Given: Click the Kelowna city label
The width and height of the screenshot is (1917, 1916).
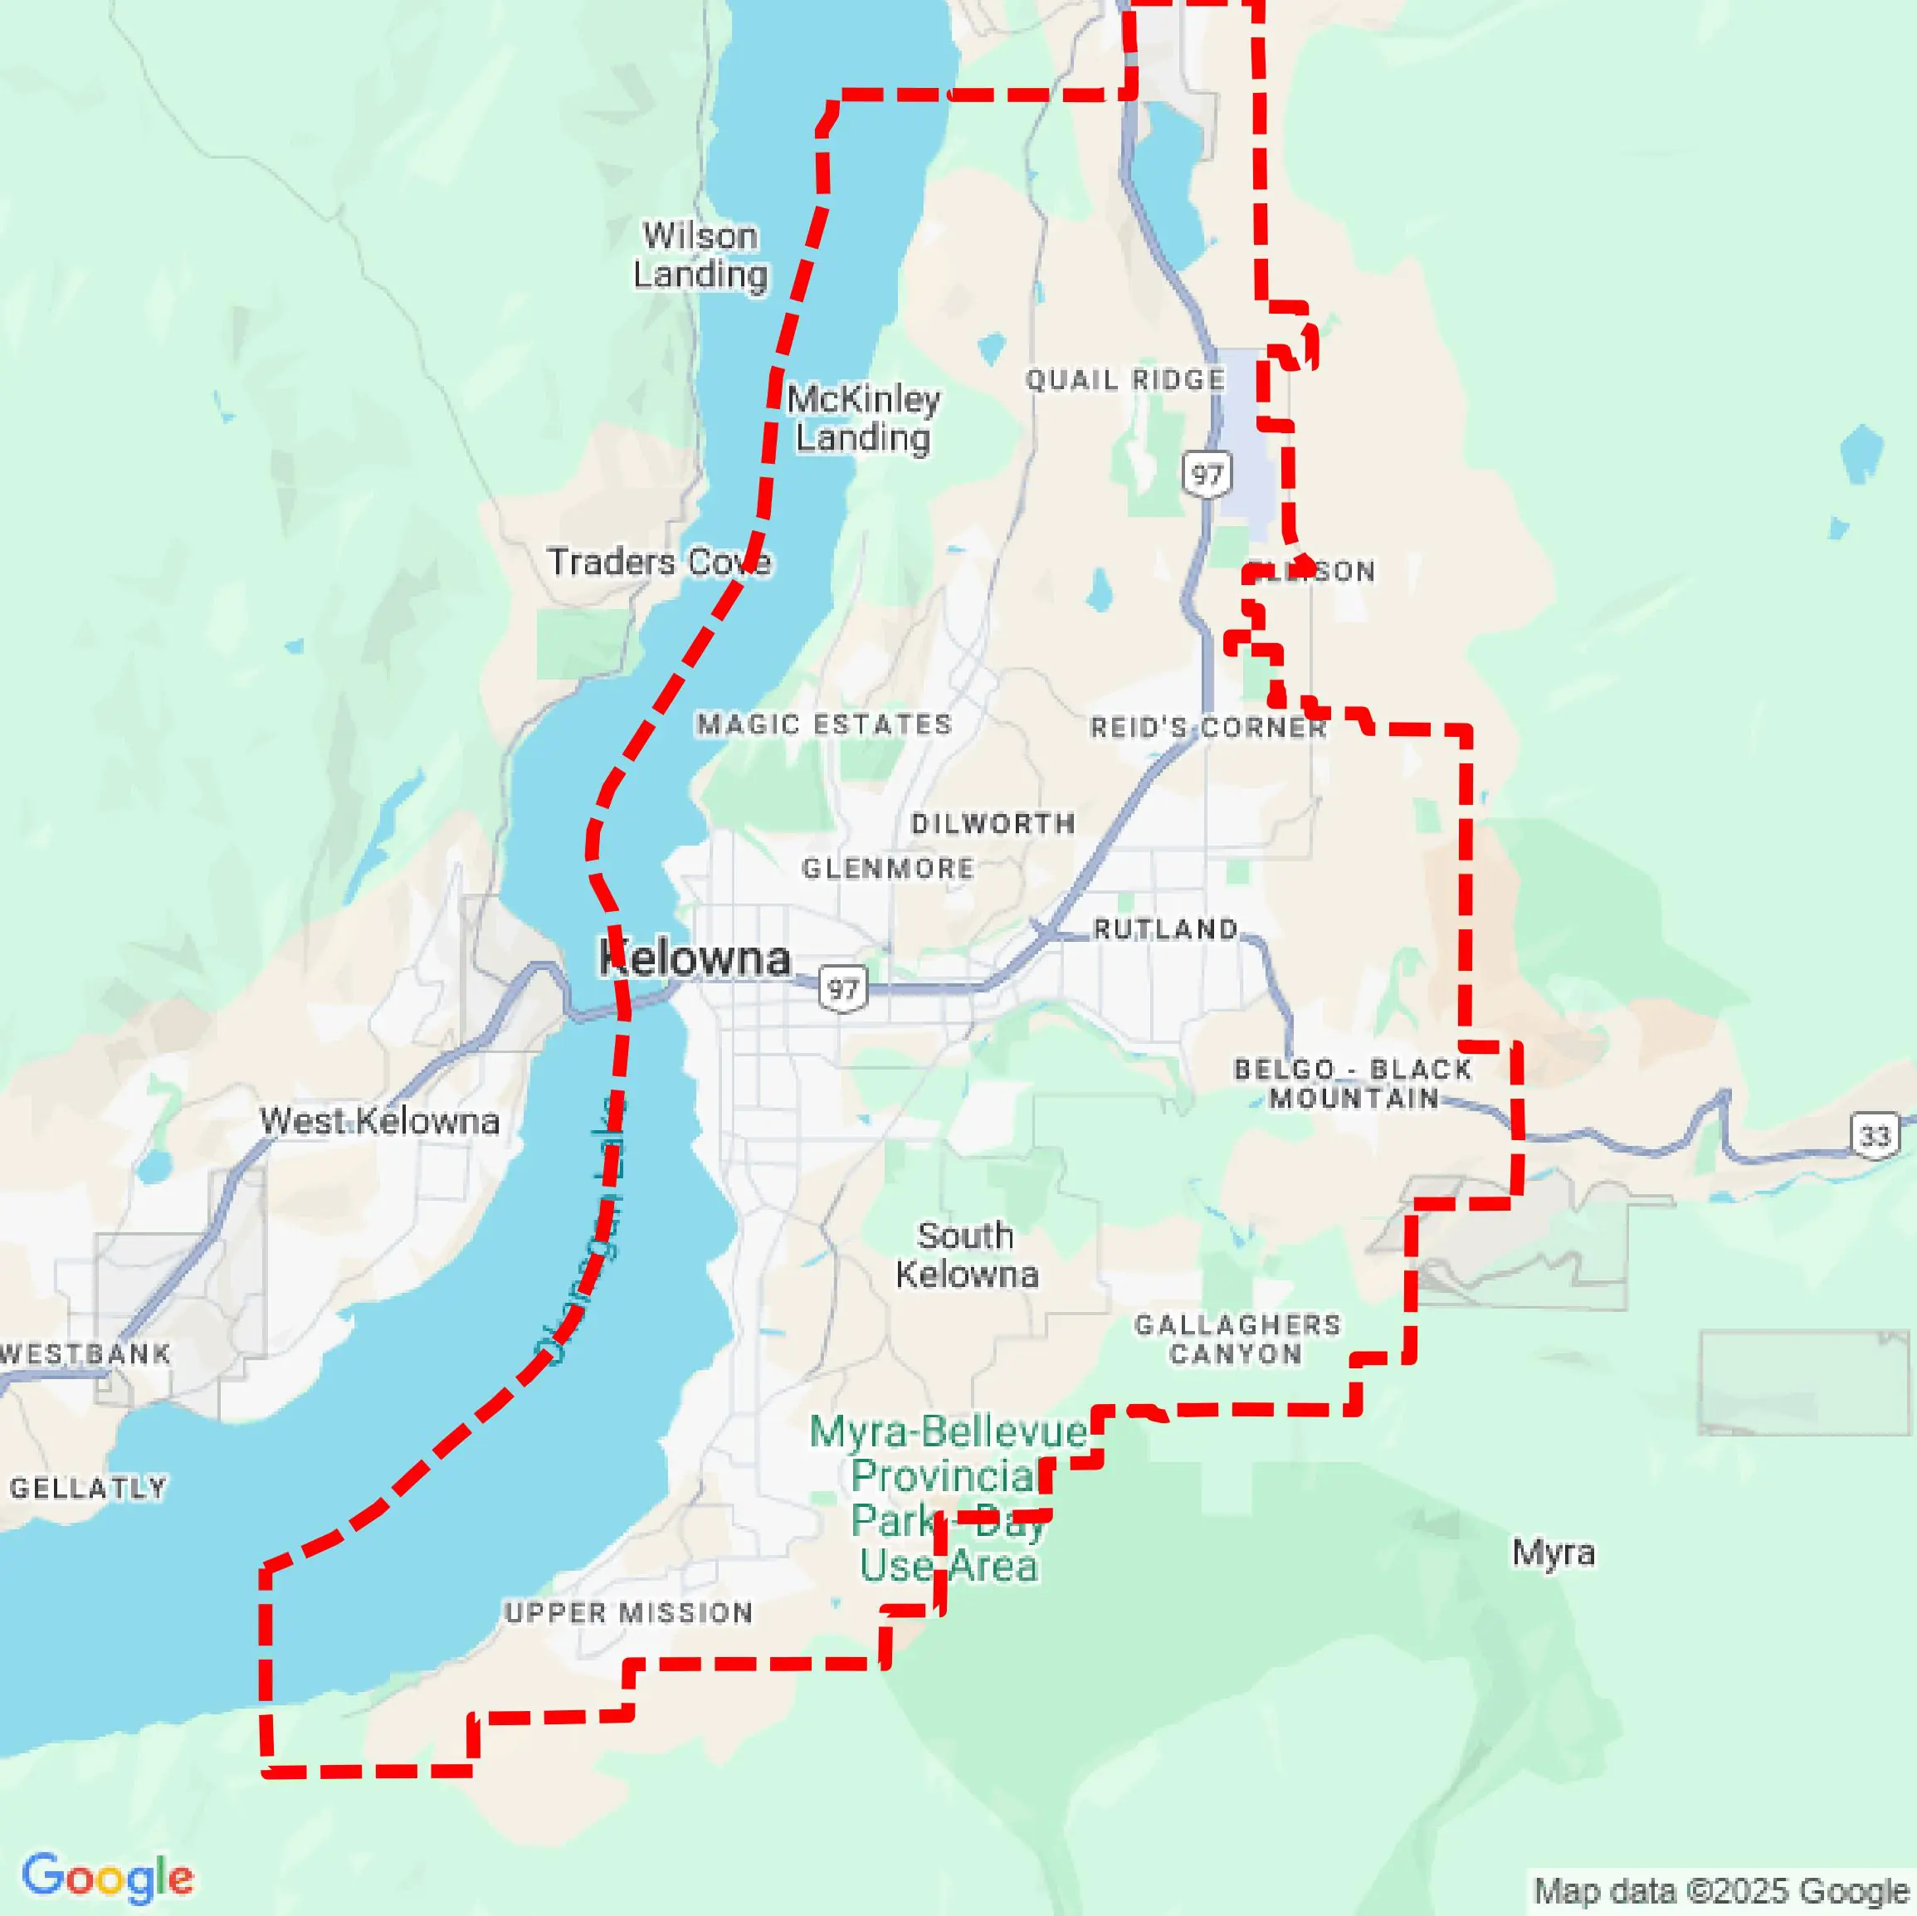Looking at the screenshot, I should pos(695,958).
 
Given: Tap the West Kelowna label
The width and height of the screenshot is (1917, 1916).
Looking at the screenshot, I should pos(379,1121).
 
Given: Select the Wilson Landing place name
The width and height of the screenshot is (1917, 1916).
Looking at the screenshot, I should pos(700,255).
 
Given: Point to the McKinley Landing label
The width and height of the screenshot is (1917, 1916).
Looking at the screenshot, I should pos(863,417).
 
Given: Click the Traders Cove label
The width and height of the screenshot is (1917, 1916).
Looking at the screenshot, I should pos(659,563).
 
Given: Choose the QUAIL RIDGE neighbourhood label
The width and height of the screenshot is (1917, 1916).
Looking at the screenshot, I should pos(1125,380).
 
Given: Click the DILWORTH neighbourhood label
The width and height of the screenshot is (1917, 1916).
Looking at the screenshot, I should pos(993,823).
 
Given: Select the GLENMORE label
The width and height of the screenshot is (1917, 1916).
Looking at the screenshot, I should pos(888,869).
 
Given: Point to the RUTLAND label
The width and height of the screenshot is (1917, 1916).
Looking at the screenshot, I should pos(1166,929).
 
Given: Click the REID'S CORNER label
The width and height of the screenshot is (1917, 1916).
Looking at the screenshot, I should pos(1207,729).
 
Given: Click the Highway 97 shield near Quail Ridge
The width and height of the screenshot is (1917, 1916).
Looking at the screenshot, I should pos(1207,475).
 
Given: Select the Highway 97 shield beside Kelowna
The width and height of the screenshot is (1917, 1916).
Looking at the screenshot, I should pos(842,989).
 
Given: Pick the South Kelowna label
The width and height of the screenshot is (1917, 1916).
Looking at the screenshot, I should pos(967,1255).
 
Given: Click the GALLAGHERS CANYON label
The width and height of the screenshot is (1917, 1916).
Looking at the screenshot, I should pos(1237,1339).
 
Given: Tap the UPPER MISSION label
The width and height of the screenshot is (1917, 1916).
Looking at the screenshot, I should pos(629,1613).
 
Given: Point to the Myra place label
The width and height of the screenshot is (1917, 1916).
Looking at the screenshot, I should pos(1553,1552).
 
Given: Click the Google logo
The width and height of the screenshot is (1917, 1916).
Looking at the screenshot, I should pos(107,1876).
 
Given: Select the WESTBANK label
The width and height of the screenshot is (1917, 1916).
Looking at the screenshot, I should pos(85,1354).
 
